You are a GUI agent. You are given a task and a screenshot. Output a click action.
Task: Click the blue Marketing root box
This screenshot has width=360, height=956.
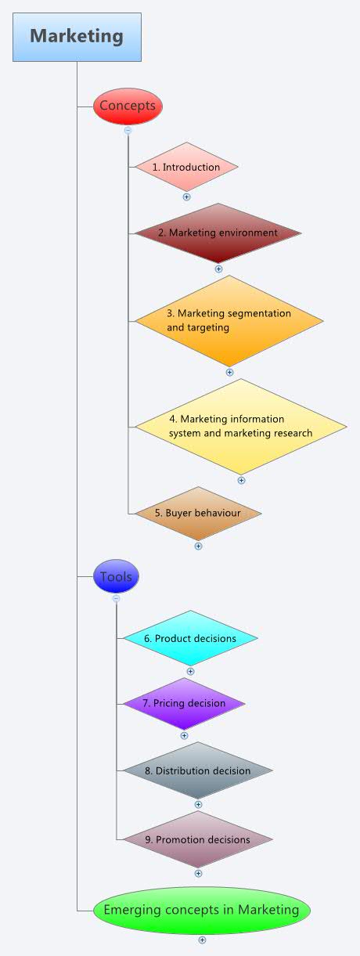77,37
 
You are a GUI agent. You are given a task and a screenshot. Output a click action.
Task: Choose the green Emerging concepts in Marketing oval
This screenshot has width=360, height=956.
202,910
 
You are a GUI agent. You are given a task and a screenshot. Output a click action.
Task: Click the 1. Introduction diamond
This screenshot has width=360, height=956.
186,167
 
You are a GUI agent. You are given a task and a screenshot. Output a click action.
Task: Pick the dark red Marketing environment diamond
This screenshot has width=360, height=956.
218,233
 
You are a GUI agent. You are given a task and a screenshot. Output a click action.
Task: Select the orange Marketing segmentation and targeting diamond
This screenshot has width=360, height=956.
229,320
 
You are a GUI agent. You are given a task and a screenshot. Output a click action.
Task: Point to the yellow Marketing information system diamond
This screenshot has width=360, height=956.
240,427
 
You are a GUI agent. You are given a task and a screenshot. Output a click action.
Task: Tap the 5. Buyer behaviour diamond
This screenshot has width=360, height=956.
197,514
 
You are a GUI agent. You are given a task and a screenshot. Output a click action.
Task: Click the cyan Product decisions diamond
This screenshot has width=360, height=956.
190,638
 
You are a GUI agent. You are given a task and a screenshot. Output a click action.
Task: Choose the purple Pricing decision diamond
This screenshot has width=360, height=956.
184,703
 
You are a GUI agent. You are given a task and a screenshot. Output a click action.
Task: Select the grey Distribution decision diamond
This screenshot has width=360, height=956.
198,770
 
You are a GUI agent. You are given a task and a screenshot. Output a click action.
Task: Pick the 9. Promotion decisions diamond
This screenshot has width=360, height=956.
198,839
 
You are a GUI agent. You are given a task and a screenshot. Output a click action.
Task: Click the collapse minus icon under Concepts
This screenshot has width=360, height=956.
128,131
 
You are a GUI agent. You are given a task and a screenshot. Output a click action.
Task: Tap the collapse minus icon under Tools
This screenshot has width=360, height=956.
117,598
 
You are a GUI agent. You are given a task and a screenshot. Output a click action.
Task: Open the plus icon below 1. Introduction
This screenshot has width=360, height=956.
186,197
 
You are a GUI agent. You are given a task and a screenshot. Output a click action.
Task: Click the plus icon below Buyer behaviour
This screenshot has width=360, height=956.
198,546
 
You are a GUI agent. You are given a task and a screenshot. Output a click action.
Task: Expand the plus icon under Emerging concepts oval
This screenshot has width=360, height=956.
202,940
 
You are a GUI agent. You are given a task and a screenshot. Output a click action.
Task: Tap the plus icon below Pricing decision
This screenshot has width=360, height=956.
184,735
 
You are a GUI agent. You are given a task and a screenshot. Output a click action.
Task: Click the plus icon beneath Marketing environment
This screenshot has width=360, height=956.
218,269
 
